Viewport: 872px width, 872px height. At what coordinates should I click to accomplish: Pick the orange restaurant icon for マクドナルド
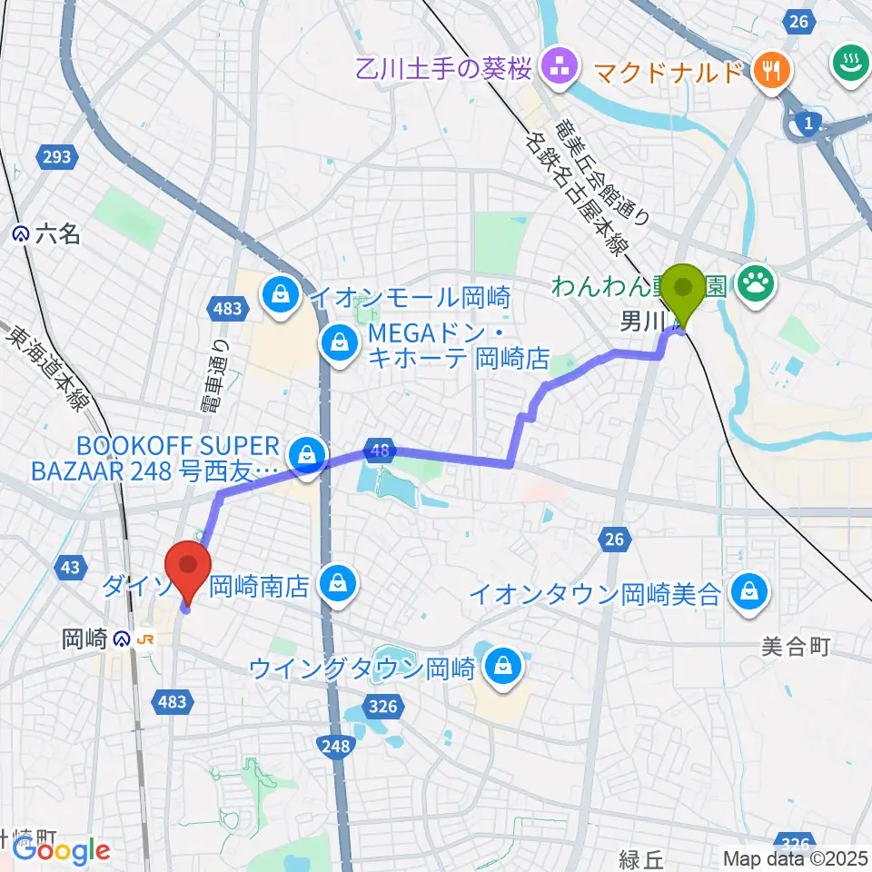(771, 70)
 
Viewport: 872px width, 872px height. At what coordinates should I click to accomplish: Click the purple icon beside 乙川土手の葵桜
(554, 64)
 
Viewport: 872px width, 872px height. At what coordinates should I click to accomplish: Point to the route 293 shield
(56, 158)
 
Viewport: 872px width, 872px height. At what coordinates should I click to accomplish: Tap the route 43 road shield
(70, 567)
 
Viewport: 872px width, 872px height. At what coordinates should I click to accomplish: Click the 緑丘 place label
(643, 858)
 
